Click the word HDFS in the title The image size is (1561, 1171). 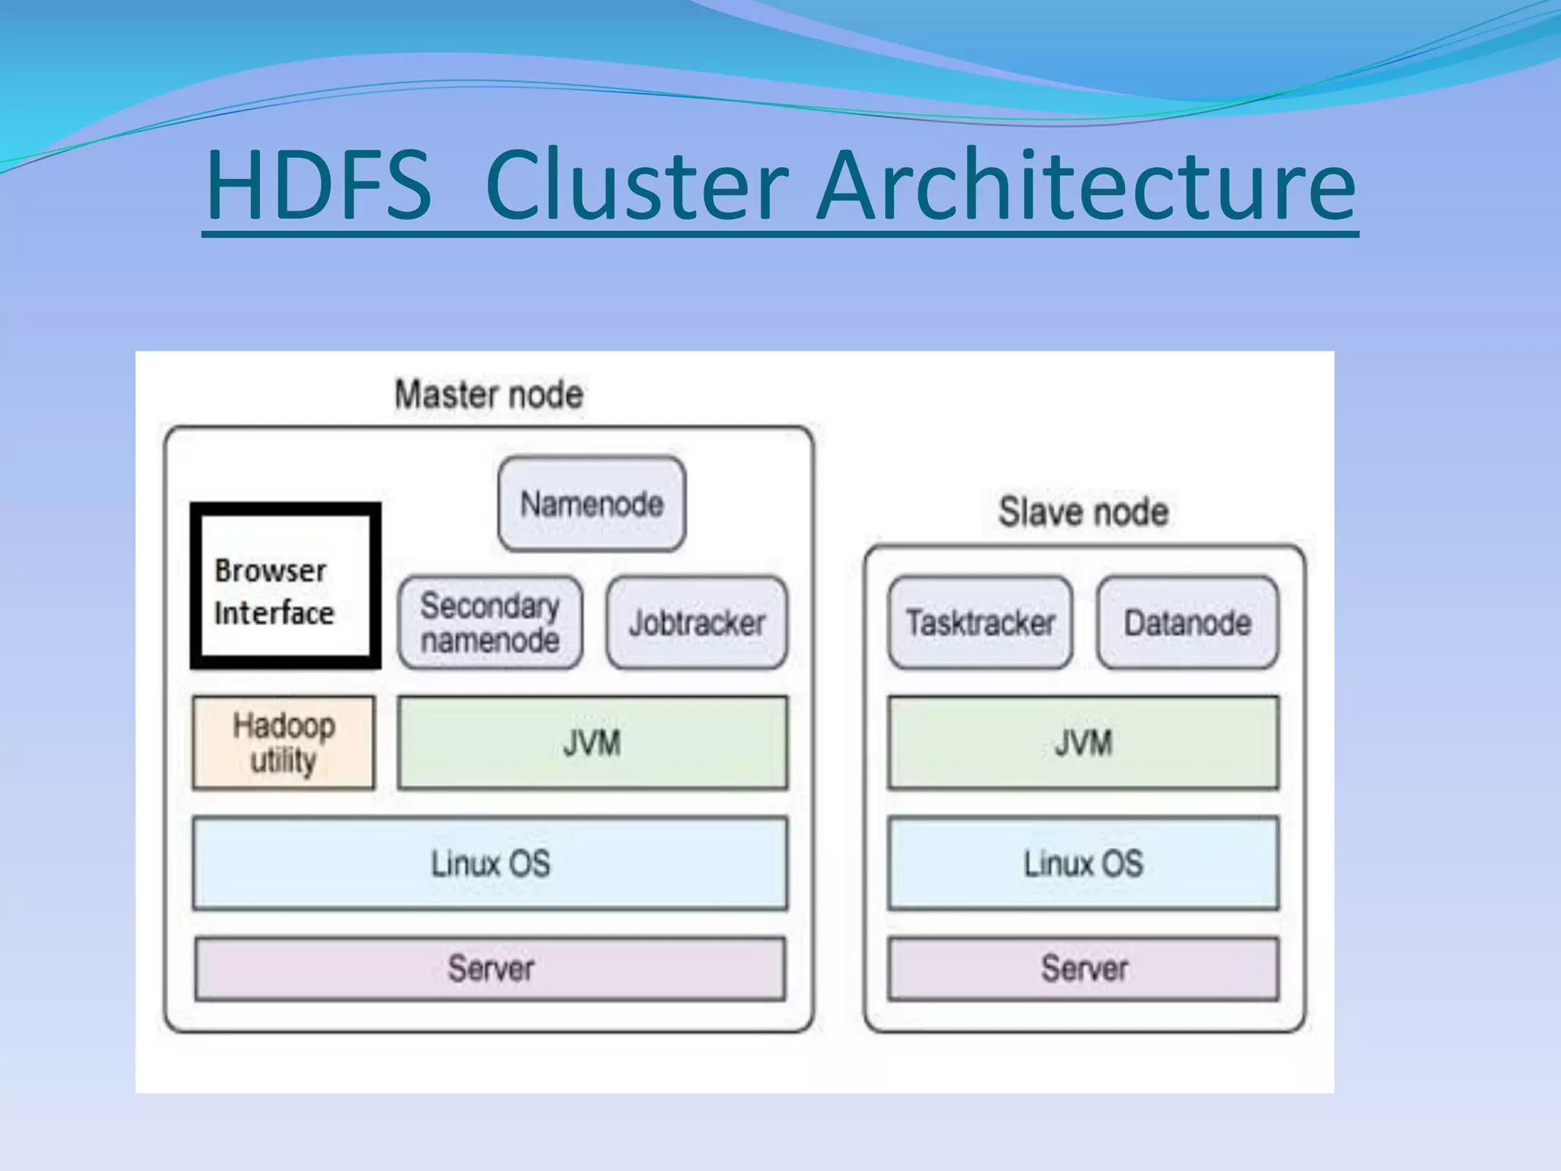click(x=319, y=186)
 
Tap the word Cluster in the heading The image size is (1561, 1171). click(x=636, y=186)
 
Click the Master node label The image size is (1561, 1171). click(x=489, y=395)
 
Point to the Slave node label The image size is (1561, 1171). click(x=1083, y=512)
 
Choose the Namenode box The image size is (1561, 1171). click(x=591, y=504)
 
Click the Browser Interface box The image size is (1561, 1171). click(x=285, y=586)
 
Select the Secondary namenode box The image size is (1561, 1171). click(x=490, y=623)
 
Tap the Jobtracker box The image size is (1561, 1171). click(x=697, y=623)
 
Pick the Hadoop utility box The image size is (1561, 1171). click(x=284, y=743)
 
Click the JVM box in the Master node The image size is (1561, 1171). click(x=592, y=743)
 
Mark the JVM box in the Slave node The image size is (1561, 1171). click(x=1083, y=743)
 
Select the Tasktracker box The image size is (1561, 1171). click(x=980, y=623)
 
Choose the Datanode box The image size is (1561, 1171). click(x=1188, y=623)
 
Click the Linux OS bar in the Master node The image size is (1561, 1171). click(x=490, y=863)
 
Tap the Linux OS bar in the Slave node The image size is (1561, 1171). click(x=1083, y=863)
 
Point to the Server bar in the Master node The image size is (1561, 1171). click(x=490, y=968)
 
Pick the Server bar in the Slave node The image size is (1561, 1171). click(x=1083, y=968)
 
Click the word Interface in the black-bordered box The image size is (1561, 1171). click(x=274, y=613)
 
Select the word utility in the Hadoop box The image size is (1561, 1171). click(x=284, y=761)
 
